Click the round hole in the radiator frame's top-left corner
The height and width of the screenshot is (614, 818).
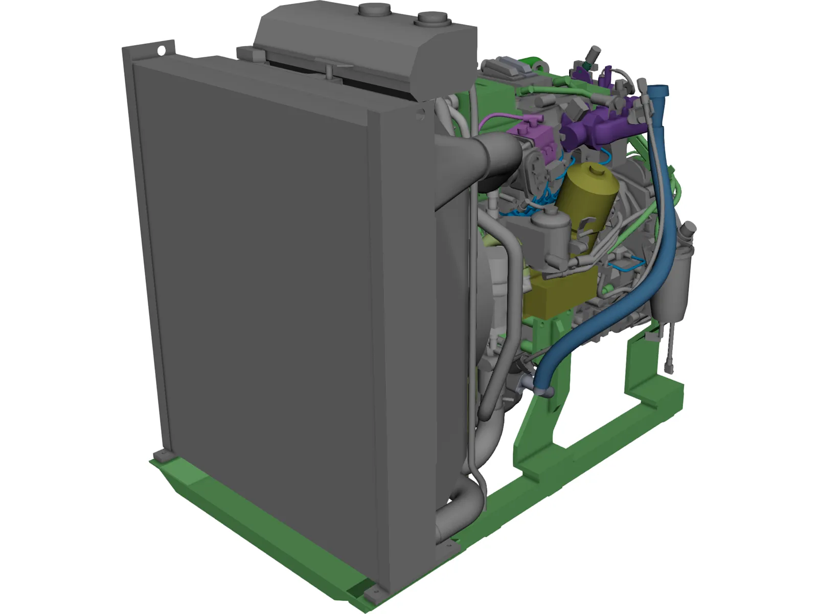click(161, 51)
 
